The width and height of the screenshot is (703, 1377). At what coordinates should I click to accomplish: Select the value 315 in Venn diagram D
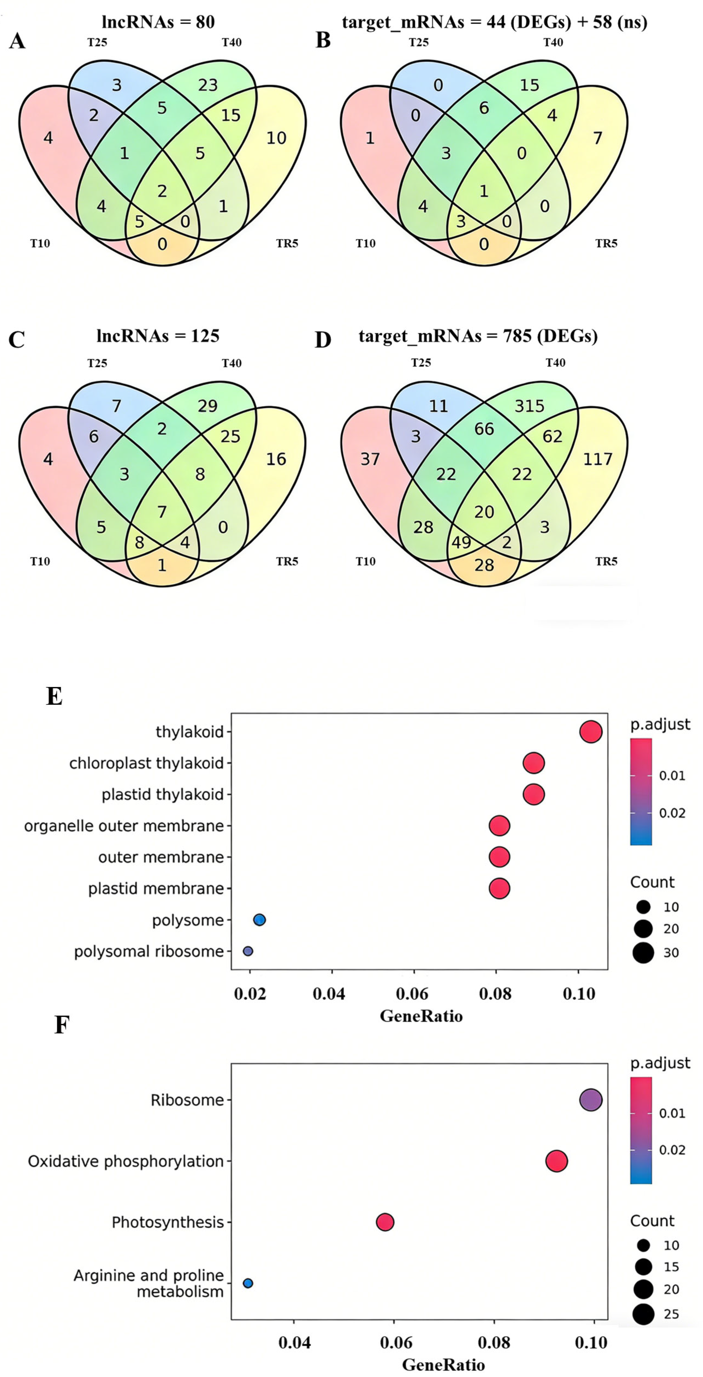point(529,406)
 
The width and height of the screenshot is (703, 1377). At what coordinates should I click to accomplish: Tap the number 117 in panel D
point(597,459)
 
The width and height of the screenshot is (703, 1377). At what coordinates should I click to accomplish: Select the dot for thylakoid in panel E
point(591,732)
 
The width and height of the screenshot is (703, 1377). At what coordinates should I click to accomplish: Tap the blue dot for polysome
point(259,920)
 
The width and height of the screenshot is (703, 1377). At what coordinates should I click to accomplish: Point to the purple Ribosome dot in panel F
point(591,1100)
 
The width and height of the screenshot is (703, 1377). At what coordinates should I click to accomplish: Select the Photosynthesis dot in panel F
point(385,1222)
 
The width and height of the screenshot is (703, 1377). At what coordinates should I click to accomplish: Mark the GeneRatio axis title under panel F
point(443,1365)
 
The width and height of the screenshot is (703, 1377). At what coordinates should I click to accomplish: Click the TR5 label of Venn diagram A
point(287,244)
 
